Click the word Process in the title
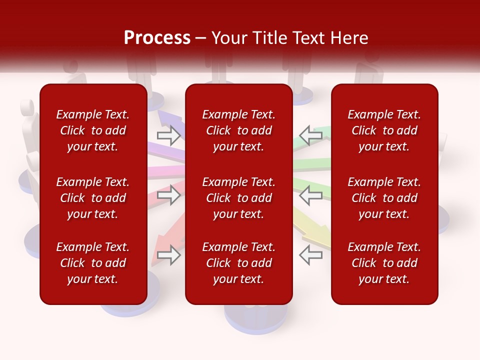pyautogui.click(x=157, y=38)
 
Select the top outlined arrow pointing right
pyautogui.click(x=168, y=135)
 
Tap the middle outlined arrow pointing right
pyautogui.click(x=168, y=195)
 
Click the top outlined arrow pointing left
pyautogui.click(x=310, y=135)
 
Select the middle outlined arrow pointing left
pyautogui.click(x=310, y=195)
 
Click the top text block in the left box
pyautogui.click(x=93, y=130)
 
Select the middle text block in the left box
pyautogui.click(x=93, y=198)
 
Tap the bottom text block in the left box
pyautogui.click(x=93, y=263)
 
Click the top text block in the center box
pyautogui.click(x=239, y=130)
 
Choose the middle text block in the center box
pyautogui.click(x=239, y=198)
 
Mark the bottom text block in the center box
pyautogui.click(x=239, y=263)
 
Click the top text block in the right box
pyautogui.click(x=384, y=130)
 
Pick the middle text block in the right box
pyautogui.click(x=384, y=198)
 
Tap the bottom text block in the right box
pyautogui.click(x=384, y=263)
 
